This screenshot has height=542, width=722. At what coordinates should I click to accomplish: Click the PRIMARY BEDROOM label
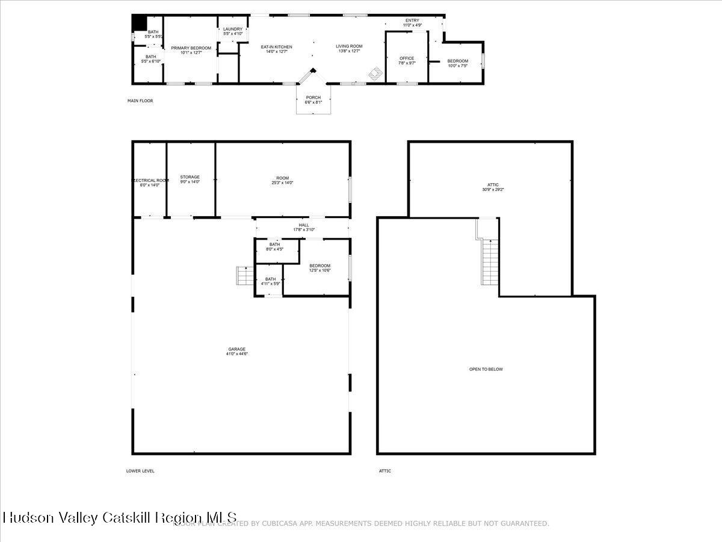click(x=191, y=48)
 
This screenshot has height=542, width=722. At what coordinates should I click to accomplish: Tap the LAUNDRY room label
click(x=233, y=29)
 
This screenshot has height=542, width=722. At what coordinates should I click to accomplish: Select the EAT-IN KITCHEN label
click(x=276, y=47)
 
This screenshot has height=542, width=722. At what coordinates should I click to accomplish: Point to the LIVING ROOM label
click(x=349, y=46)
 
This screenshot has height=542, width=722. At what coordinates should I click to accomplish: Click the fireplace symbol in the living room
click(x=375, y=73)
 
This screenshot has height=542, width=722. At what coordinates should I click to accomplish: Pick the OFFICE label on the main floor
click(x=407, y=58)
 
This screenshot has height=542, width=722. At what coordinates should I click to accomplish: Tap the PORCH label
click(x=313, y=98)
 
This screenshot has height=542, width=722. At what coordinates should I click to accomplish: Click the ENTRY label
click(x=412, y=21)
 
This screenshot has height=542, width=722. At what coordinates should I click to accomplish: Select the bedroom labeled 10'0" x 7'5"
click(x=457, y=63)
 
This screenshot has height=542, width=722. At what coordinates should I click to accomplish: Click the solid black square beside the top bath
click(x=139, y=22)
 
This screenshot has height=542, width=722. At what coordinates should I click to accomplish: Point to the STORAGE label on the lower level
click(x=190, y=177)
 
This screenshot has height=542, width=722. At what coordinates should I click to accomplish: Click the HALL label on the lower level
click(x=304, y=225)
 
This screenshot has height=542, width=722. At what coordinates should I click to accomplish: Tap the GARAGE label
click(x=236, y=349)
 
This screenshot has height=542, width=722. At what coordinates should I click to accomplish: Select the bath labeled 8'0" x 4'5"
click(x=274, y=246)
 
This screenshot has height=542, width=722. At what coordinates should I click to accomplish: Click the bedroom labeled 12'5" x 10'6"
click(x=319, y=268)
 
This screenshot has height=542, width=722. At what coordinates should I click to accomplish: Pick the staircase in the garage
click(x=245, y=276)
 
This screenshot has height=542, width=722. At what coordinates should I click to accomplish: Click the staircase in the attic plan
click(x=490, y=261)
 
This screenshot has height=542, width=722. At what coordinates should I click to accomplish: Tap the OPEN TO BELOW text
click(x=486, y=369)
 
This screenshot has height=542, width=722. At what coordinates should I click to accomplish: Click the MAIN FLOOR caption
click(x=140, y=101)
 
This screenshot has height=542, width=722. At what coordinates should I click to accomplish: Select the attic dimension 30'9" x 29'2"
click(x=493, y=190)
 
